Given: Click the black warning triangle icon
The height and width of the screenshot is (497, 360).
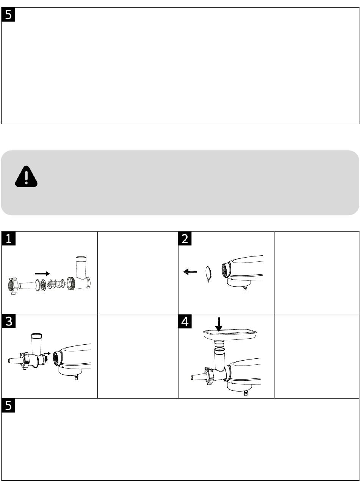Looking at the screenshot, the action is (26, 177).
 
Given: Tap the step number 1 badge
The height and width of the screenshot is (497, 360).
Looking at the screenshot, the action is (8, 239).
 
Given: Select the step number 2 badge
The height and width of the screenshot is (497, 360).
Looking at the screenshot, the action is (185, 239).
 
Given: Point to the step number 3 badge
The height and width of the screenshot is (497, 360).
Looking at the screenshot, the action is (8, 322).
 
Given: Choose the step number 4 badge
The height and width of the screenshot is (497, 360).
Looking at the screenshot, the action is (185, 322).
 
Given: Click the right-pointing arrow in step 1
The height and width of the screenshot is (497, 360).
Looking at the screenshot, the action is (42, 274).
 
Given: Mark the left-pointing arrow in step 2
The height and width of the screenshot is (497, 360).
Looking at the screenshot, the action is (190, 272).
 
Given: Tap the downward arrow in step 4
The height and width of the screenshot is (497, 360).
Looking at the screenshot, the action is (219, 324).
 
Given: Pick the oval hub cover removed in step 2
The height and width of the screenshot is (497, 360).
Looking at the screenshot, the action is (208, 274).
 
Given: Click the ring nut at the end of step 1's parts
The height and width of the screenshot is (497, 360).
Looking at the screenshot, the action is (13, 286).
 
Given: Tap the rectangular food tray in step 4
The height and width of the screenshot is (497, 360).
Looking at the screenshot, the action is (230, 334).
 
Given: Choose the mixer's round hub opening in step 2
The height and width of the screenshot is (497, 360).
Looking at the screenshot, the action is (226, 270).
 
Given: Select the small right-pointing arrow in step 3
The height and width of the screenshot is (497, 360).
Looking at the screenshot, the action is (47, 353).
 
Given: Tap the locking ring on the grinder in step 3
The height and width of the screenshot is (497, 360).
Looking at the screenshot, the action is (25, 361).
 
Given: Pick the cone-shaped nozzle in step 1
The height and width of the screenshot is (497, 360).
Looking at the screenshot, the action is (27, 285).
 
